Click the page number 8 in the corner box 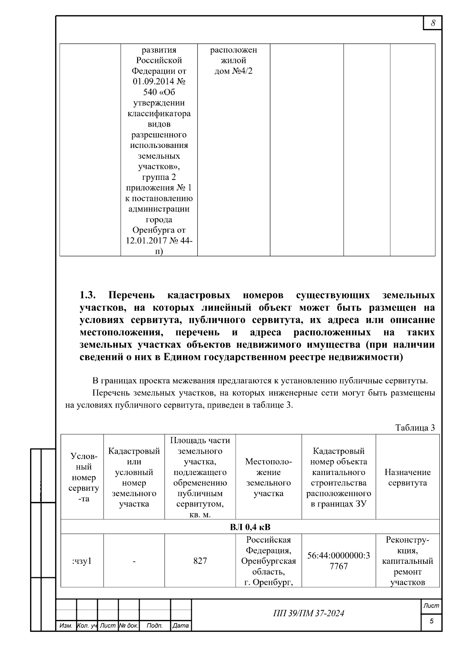(433, 23)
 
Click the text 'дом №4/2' (233, 71)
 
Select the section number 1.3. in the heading (88, 295)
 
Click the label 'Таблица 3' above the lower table (415, 428)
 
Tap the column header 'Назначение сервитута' (407, 477)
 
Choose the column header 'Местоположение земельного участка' (268, 477)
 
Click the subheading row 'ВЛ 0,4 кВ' (250, 527)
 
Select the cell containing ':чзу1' (82, 561)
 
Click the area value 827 (200, 561)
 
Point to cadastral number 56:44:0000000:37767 (338, 561)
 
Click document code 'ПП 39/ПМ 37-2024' (308, 613)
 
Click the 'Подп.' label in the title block (154, 626)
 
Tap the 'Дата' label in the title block (180, 626)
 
